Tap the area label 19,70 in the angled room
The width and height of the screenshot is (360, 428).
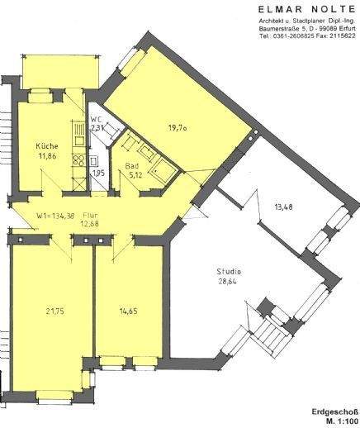[x=178, y=126]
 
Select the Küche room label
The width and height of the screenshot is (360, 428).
[x=46, y=147]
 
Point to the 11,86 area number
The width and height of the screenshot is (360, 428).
[x=48, y=157]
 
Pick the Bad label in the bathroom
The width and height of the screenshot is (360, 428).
[x=132, y=165]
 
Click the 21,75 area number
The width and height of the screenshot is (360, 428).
[x=52, y=311]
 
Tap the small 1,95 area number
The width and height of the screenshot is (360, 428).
[x=97, y=174]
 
